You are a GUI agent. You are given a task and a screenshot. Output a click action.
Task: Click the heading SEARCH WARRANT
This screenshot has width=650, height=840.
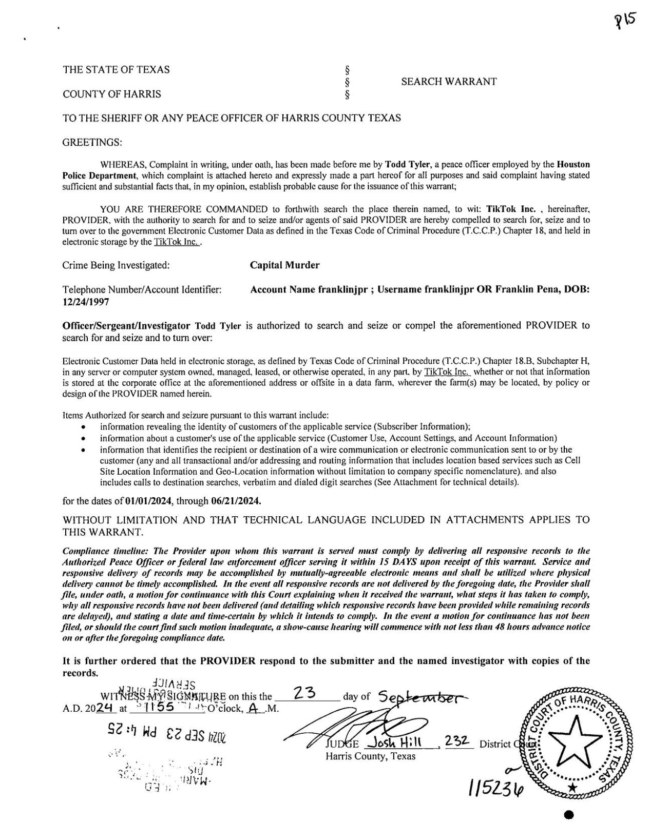click(448, 82)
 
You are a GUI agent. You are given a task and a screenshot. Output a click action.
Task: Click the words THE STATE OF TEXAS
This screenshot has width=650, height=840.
click(116, 70)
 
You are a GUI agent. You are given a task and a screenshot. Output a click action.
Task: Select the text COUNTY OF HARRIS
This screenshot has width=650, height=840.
click(111, 94)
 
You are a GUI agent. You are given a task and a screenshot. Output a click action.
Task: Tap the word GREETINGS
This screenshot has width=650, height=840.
click(92, 142)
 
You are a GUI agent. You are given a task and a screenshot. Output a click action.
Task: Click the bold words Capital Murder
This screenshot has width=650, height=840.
click(284, 265)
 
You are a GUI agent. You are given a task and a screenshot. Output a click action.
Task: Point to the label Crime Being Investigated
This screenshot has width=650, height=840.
click(116, 266)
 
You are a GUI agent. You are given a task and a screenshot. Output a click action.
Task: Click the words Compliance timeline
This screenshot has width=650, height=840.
click(106, 551)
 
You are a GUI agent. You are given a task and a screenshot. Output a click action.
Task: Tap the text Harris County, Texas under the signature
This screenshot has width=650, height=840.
click(371, 756)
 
